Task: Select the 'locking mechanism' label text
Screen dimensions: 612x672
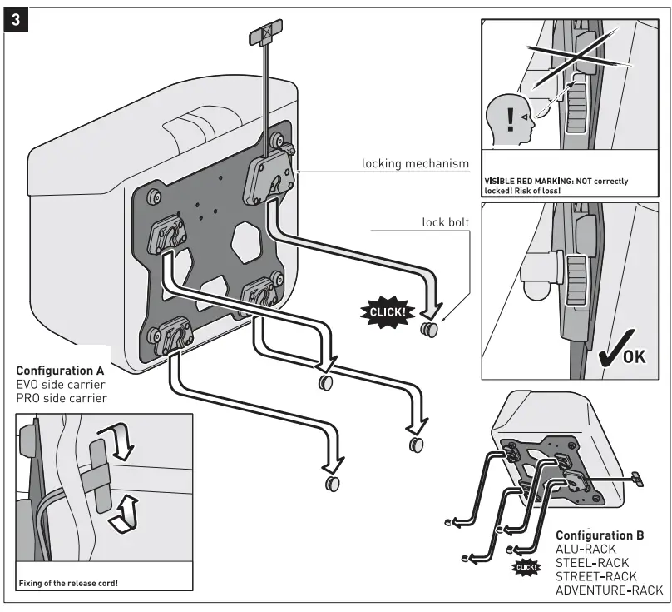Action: tap(416, 164)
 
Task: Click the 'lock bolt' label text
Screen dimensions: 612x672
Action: tap(446, 222)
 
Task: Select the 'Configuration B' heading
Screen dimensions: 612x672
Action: tap(599, 535)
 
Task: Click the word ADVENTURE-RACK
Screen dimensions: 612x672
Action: tap(609, 590)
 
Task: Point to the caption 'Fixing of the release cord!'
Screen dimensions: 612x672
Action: tap(67, 582)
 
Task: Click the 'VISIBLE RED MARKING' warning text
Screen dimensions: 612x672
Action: tap(556, 182)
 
